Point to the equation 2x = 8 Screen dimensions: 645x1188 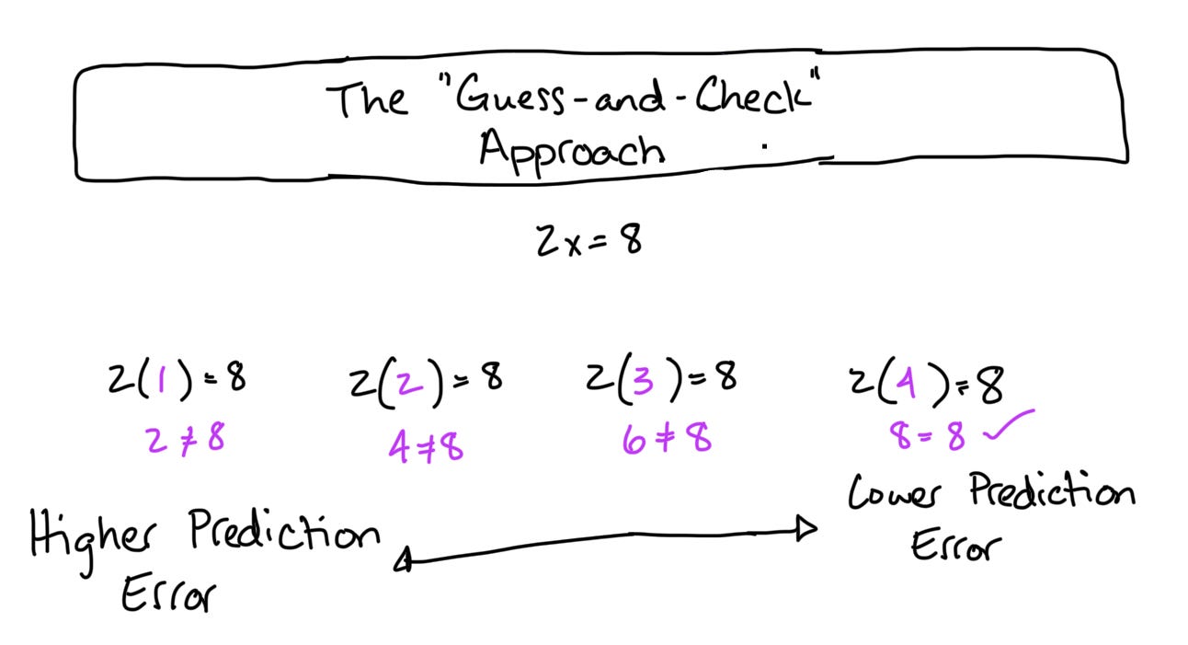pos(589,240)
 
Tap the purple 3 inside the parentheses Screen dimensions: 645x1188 pos(643,378)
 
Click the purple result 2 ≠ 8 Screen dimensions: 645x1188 pos(185,439)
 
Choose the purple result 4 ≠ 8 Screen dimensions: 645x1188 pos(425,445)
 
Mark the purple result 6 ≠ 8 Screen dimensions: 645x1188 pos(666,439)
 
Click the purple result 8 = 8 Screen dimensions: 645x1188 pos(927,435)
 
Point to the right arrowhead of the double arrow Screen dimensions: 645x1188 pos(807,528)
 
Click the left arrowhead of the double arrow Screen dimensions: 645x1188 pos(403,559)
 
